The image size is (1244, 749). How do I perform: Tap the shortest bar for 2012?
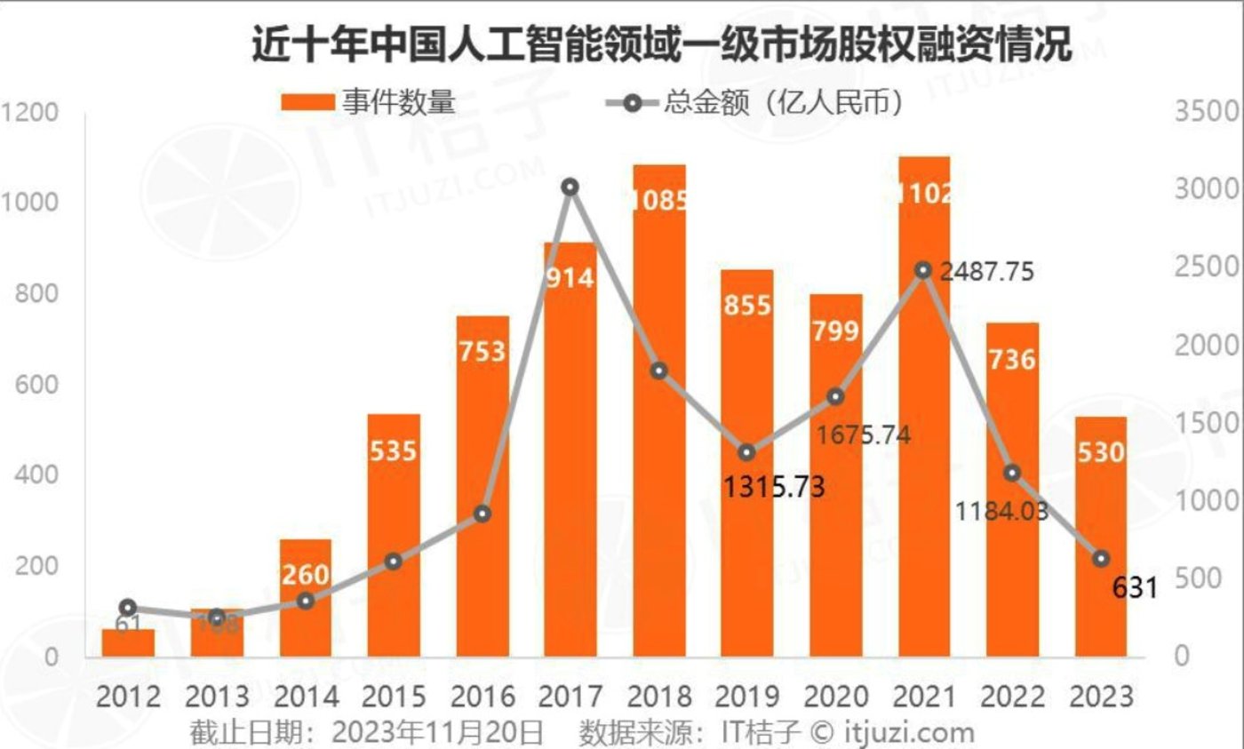pyautogui.click(x=128, y=644)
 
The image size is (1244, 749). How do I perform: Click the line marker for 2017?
pyautogui.click(x=570, y=187)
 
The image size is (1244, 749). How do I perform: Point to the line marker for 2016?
pyautogui.click(x=482, y=514)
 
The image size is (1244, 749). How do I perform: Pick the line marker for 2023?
pyautogui.click(x=1101, y=559)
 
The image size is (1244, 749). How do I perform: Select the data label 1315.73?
pyautogui.click(x=773, y=486)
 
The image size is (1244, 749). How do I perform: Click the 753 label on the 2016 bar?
pyautogui.click(x=482, y=351)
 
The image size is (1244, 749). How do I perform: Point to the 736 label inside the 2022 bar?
pyautogui.click(x=1012, y=360)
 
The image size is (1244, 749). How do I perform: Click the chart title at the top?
pyautogui.click(x=662, y=44)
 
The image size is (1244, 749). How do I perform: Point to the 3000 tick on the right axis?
pyautogui.click(x=1207, y=189)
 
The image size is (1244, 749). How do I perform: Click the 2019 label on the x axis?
pyautogui.click(x=747, y=696)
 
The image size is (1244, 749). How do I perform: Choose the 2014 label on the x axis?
pyautogui.click(x=305, y=696)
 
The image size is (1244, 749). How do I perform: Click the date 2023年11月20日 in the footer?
pyautogui.click(x=436, y=732)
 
